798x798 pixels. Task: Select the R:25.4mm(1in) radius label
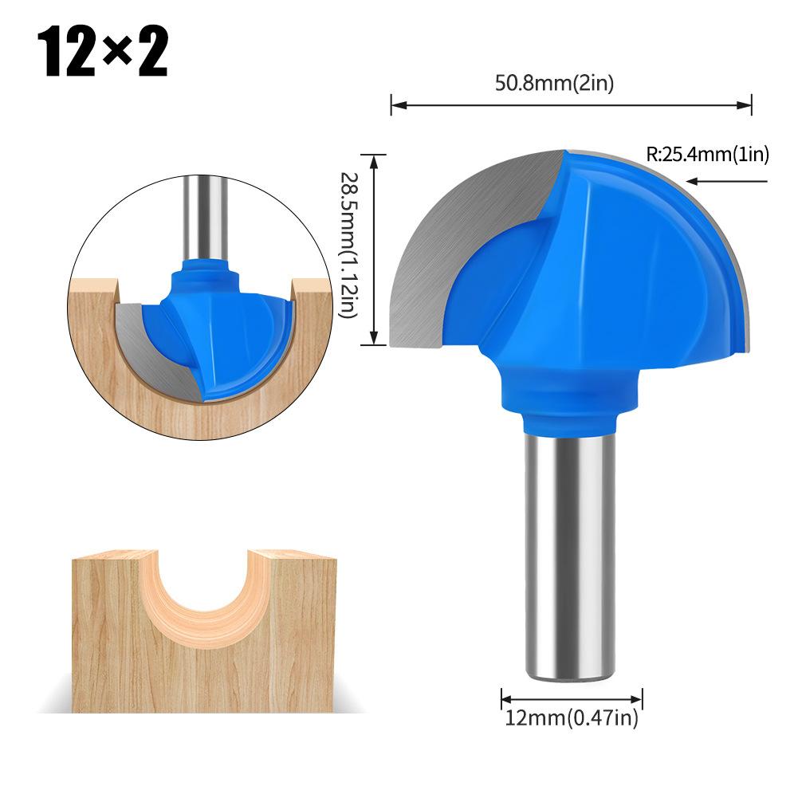pos(707,155)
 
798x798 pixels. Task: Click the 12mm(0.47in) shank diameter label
pos(572,718)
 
